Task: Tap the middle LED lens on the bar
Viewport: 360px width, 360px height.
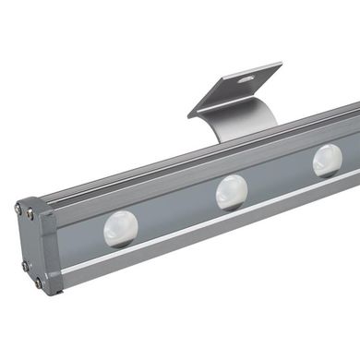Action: tap(232, 192)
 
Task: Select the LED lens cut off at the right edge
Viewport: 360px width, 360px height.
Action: tap(328, 160)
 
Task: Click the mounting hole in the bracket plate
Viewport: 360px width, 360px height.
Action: tap(245, 79)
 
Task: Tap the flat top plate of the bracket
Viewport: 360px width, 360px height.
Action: tap(235, 88)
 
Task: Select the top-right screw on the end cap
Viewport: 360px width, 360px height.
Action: tap(34, 214)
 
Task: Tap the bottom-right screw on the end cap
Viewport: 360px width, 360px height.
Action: tap(39, 282)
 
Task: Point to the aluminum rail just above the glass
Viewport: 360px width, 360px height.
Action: tap(185, 176)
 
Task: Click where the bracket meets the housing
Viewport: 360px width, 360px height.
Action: tap(231, 138)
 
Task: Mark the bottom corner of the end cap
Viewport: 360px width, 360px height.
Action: tap(51, 294)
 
